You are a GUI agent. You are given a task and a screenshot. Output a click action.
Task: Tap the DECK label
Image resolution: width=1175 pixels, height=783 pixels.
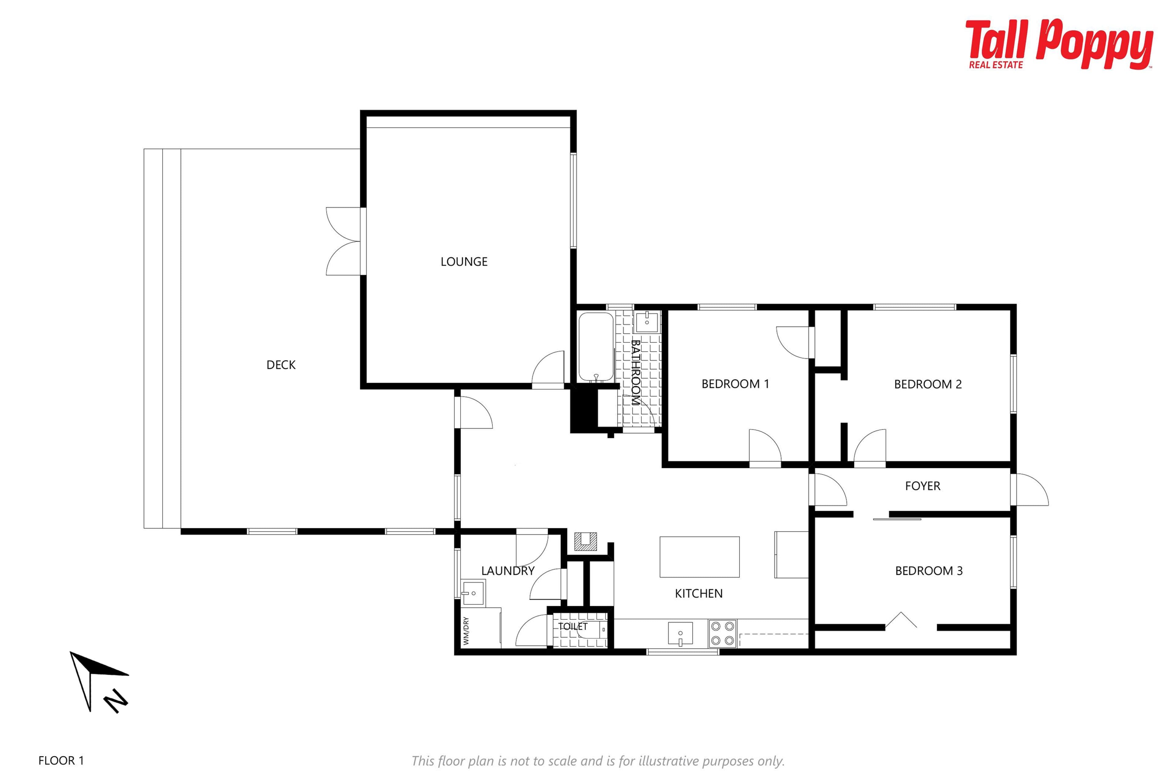click(281, 365)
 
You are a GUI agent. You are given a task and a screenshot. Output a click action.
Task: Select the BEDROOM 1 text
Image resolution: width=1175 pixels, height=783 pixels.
click(735, 384)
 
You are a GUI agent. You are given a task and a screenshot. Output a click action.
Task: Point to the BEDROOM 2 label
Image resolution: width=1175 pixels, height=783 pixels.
click(928, 384)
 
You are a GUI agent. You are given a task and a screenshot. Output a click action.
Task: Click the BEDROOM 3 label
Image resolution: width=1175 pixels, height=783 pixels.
click(929, 571)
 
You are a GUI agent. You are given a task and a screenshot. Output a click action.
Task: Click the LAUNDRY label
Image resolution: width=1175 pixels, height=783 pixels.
click(508, 571)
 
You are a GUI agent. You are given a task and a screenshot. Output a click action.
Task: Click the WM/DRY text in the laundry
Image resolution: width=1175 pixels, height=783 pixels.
click(466, 631)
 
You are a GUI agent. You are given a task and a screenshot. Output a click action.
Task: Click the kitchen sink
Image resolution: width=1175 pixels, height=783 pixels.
click(681, 633)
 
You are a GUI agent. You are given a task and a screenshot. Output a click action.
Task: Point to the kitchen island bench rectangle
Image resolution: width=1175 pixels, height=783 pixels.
click(699, 557)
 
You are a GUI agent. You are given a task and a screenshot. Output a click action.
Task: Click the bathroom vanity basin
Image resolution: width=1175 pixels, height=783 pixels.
click(647, 321)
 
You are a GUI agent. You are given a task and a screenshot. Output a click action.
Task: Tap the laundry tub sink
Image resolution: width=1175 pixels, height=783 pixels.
click(472, 593)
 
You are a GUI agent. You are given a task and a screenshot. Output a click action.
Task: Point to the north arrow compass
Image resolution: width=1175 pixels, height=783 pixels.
click(99, 682)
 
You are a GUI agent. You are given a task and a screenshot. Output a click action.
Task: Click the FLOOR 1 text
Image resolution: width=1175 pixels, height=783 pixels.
click(61, 761)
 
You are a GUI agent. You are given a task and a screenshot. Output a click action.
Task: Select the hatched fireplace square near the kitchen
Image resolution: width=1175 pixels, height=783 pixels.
click(585, 542)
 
